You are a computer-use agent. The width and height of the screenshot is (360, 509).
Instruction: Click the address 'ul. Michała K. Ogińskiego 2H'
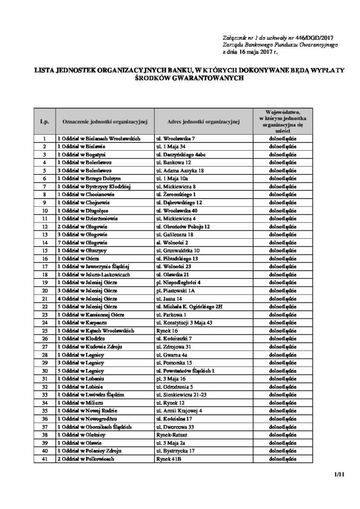tap(189, 306)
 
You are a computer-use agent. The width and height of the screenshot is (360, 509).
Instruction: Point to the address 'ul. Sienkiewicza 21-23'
tap(181, 395)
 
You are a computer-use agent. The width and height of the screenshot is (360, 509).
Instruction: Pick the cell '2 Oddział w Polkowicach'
tap(86, 459)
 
